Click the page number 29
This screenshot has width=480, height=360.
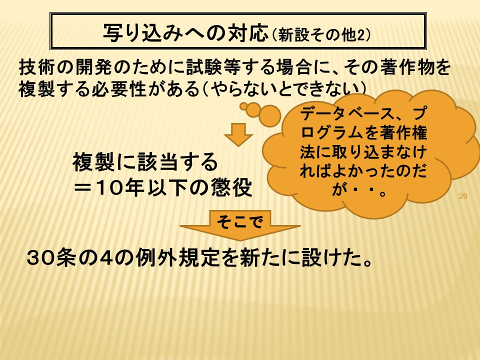coord(462,196)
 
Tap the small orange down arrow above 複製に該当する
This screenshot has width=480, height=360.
coord(238,134)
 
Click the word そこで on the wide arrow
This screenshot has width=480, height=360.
coord(240,221)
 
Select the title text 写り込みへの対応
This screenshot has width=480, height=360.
coord(185,32)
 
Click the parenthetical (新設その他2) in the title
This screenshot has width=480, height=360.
coord(320,35)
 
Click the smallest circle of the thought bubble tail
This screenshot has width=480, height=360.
coord(243,106)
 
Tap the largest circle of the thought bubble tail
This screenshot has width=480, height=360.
coord(269,115)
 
